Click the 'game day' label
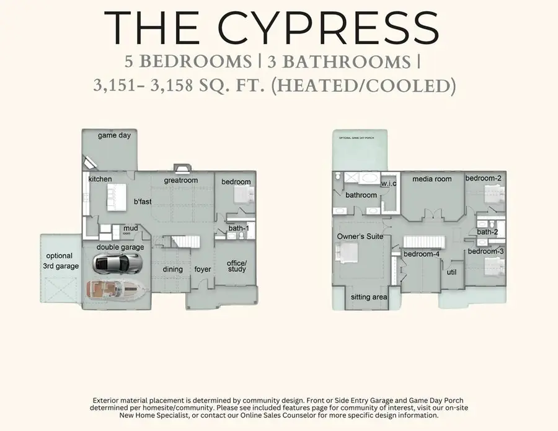114,135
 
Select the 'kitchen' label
100,179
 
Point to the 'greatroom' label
180,180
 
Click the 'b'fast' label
143,201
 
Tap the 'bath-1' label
238,229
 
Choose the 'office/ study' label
236,265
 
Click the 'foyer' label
203,269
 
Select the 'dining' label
173,269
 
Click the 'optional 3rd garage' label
60,260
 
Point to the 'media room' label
432,179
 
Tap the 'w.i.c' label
389,184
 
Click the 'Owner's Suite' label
360,237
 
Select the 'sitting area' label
369,297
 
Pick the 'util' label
452,271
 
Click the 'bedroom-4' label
422,254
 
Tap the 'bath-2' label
487,232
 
